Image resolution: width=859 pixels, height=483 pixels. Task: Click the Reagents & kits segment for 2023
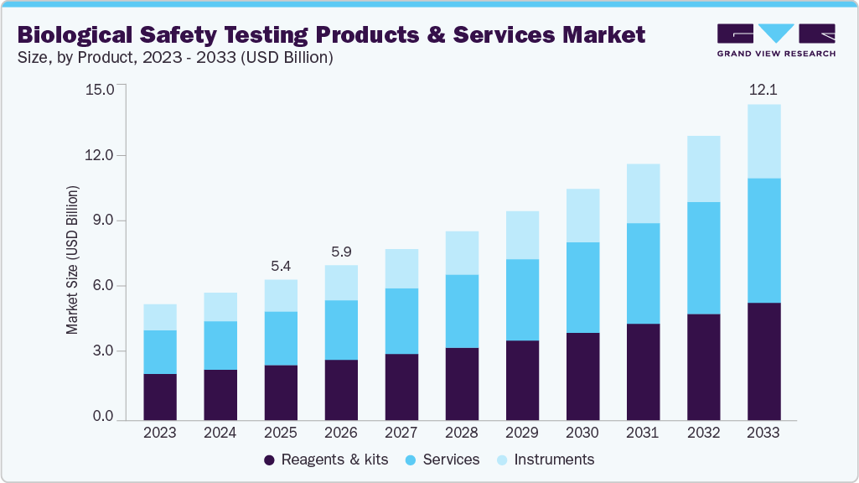(160, 397)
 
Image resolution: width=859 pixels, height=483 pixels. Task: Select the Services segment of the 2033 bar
(763, 241)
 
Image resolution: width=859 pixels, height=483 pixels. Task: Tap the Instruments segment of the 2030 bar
(582, 216)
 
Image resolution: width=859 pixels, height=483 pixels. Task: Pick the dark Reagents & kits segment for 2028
(462, 383)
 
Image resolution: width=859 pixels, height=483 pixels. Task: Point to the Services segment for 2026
(341, 330)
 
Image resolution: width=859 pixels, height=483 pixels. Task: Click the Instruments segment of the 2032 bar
(703, 169)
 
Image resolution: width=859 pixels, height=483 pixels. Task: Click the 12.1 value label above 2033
(763, 89)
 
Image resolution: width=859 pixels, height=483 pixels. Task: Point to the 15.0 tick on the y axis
(100, 90)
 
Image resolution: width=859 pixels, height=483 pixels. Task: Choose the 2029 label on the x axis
(522, 434)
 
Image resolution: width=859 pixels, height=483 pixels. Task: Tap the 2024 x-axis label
(220, 434)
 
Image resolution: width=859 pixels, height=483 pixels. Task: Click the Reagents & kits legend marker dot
(269, 460)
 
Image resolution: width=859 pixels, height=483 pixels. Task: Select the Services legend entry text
(451, 460)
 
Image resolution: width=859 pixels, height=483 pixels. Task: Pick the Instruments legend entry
(553, 460)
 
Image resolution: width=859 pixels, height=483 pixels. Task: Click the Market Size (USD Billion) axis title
(73, 261)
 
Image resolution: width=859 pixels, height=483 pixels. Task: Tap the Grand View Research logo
(775, 40)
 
